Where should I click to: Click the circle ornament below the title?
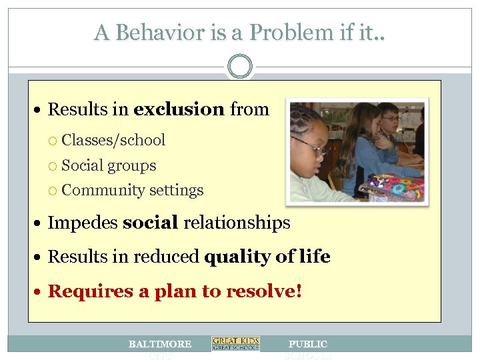tap(240, 67)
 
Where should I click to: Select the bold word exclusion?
tap(179, 109)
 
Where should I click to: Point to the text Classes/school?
tap(113, 140)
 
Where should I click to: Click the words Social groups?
tap(109, 165)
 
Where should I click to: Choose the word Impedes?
tap(83, 222)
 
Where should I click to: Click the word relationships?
tap(237, 222)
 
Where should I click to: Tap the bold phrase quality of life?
tap(267, 257)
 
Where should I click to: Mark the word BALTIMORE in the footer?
tap(160, 344)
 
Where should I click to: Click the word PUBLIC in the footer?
tap(308, 344)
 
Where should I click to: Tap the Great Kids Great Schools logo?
tap(235, 344)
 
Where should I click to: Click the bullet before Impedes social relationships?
tap(41, 223)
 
